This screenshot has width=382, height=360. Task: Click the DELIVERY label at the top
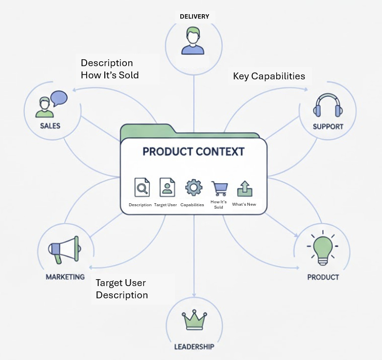pyautogui.click(x=194, y=17)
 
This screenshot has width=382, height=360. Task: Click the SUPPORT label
pyautogui.click(x=328, y=126)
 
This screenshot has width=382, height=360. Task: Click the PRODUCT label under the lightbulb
pyautogui.click(x=323, y=277)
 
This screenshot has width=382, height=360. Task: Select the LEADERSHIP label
pyautogui.click(x=194, y=347)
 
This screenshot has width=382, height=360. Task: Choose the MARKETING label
pyautogui.click(x=65, y=277)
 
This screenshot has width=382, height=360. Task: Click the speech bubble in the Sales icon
pyautogui.click(x=58, y=98)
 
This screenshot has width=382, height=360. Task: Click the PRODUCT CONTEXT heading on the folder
pyautogui.click(x=193, y=151)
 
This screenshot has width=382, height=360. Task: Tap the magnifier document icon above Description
pyautogui.click(x=142, y=187)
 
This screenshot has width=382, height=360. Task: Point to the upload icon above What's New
pyautogui.click(x=244, y=189)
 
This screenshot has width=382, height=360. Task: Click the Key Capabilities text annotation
pyautogui.click(x=269, y=76)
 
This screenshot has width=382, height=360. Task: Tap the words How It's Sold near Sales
pyautogui.click(x=110, y=75)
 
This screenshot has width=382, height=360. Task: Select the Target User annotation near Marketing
pyautogui.click(x=120, y=283)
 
